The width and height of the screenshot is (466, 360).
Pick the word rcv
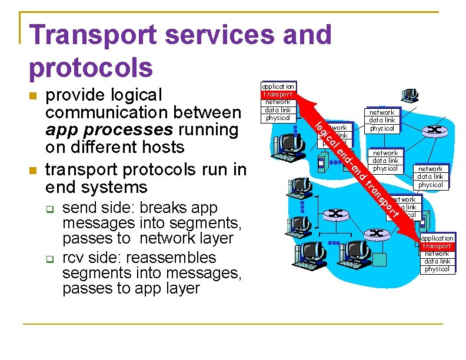[x=74, y=258]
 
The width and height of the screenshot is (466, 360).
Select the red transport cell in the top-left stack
[x=278, y=94]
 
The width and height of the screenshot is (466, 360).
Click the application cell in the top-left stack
[x=278, y=86]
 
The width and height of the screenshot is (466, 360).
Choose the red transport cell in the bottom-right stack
[x=437, y=246]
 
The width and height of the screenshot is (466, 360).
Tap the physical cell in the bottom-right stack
[x=437, y=269]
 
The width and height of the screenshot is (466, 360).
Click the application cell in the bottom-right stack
[x=437, y=238]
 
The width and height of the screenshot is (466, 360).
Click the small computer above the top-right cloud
[x=410, y=95]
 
